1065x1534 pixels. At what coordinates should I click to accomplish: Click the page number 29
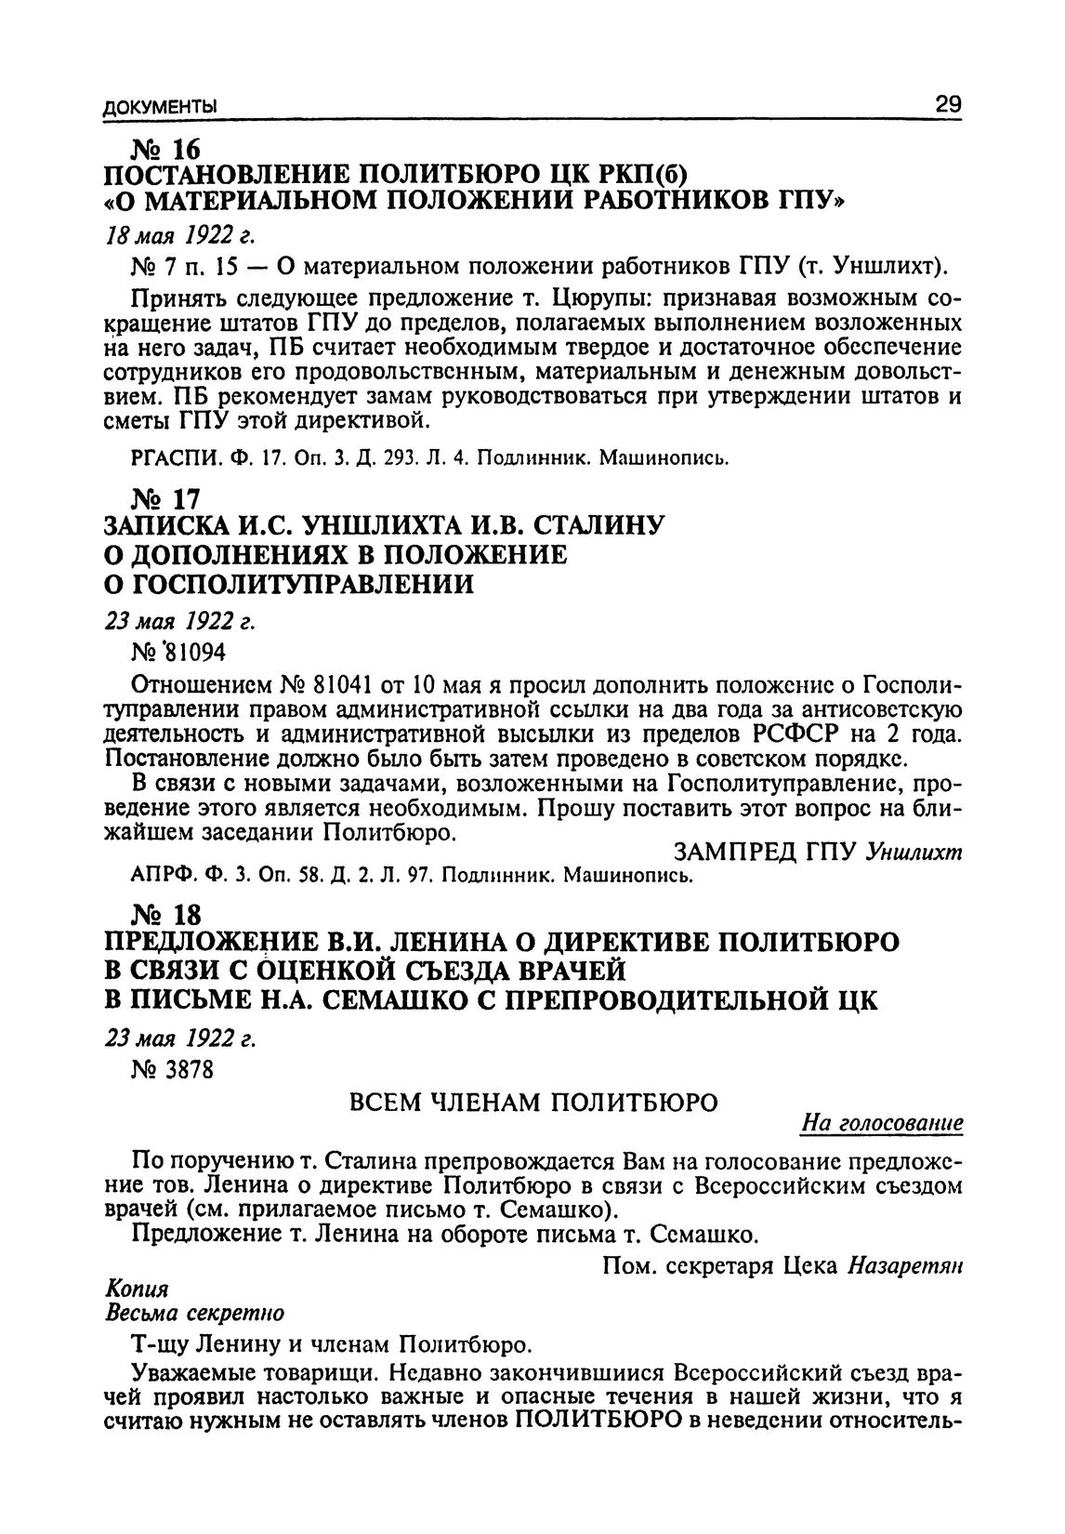[947, 103]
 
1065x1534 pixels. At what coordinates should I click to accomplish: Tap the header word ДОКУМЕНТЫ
[158, 105]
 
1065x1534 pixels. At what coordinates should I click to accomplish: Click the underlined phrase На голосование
[881, 1125]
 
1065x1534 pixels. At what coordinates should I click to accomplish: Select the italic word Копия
[137, 1291]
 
